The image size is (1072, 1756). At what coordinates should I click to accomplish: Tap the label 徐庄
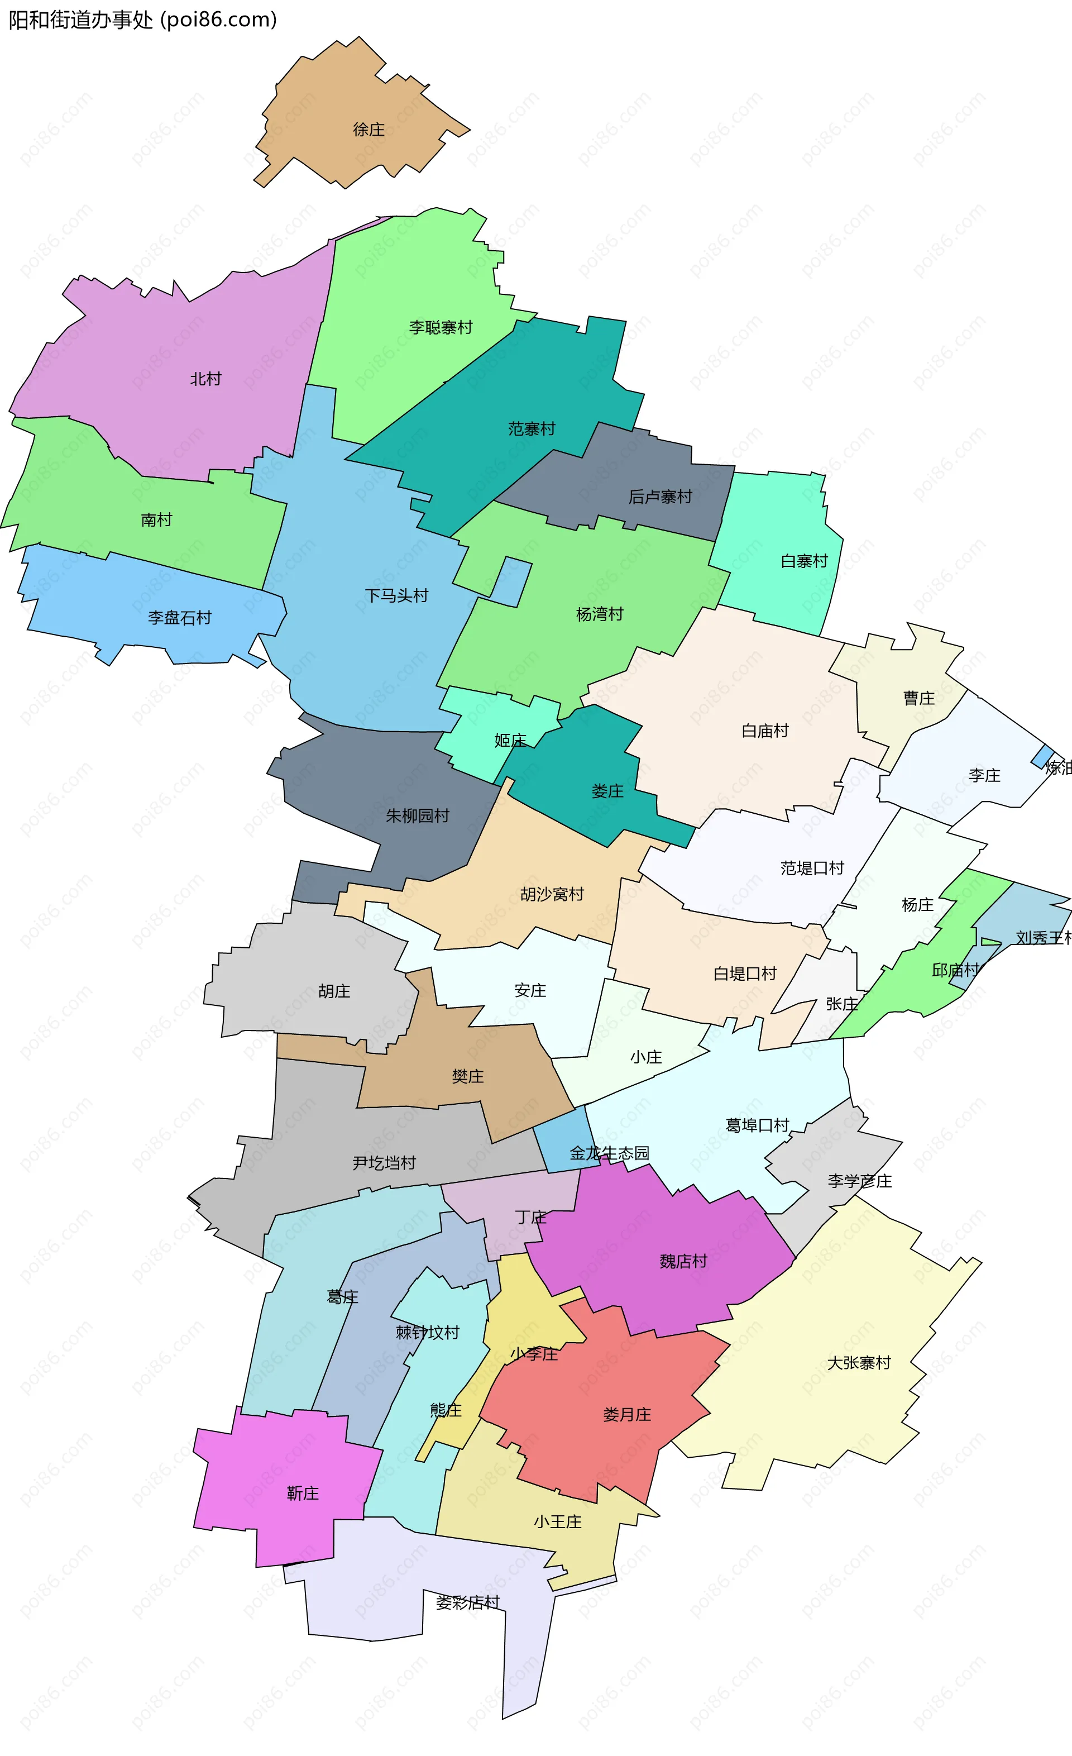pyautogui.click(x=368, y=129)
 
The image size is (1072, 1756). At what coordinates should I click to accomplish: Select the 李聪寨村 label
pyautogui.click(x=440, y=327)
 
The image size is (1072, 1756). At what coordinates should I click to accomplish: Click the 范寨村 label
pyautogui.click(x=532, y=428)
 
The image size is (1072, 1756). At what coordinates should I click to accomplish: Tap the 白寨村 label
pyautogui.click(x=803, y=561)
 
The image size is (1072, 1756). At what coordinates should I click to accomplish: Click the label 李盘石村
pyautogui.click(x=179, y=617)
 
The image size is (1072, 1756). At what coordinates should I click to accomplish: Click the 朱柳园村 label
pyautogui.click(x=418, y=815)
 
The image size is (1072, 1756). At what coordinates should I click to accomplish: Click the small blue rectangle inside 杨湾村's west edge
pyautogui.click(x=511, y=581)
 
